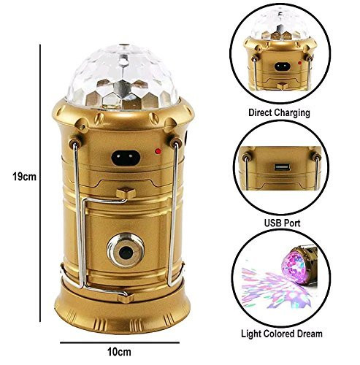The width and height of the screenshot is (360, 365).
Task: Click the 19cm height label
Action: [24, 177]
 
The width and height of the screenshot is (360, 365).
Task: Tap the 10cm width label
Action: [119, 352]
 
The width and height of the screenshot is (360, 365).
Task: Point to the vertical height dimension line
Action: [40, 183]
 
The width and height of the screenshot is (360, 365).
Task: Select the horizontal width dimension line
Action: [120, 342]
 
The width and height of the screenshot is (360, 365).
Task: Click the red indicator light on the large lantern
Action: [158, 151]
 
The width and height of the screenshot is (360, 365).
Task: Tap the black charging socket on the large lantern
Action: [126, 158]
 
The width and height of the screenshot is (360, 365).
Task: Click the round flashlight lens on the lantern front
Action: [126, 250]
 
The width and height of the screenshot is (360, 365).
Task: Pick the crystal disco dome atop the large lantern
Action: [123, 77]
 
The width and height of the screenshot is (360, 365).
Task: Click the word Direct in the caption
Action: [260, 112]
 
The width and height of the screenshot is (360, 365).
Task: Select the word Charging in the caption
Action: [292, 113]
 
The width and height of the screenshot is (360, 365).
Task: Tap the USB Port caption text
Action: [283, 223]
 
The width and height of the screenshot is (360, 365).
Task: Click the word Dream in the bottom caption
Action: [310, 334]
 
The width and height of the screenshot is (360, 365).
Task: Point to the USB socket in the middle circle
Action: [282, 167]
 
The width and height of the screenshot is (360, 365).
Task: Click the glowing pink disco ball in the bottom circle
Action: [293, 267]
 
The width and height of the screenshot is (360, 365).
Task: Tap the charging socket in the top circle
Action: [283, 66]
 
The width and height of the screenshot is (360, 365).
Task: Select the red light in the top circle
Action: [299, 63]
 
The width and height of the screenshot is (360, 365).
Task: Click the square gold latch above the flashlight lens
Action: [126, 193]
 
